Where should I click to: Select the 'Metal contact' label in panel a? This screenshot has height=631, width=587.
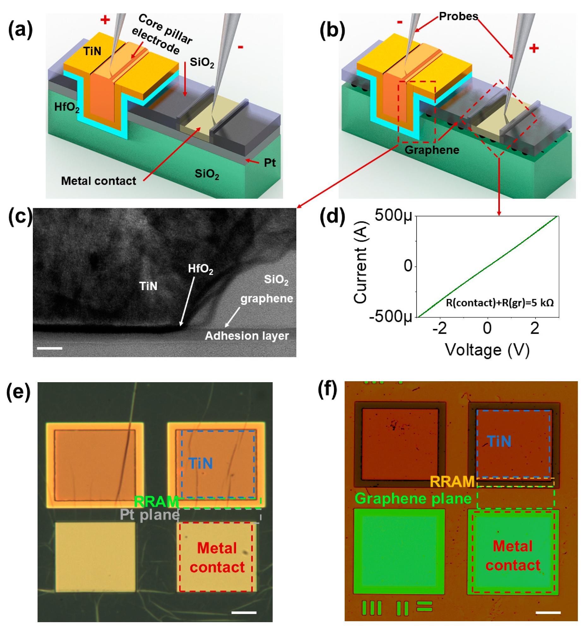[x=98, y=181]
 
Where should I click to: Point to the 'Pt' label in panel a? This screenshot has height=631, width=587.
[x=270, y=163]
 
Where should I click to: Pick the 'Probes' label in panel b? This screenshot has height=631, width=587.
[x=458, y=16]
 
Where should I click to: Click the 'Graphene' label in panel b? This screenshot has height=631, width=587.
[x=432, y=150]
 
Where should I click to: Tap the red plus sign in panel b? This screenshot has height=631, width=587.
[x=534, y=48]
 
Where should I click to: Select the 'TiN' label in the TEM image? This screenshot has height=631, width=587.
[x=148, y=286]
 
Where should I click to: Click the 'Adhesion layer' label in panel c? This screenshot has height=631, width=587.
[x=247, y=336]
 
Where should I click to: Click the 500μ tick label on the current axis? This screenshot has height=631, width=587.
[x=393, y=216]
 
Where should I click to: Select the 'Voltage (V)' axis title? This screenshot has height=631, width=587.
[x=487, y=350]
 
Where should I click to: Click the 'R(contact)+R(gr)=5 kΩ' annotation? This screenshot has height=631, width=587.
[x=500, y=303]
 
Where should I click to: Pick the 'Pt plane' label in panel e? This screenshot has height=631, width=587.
[x=150, y=515]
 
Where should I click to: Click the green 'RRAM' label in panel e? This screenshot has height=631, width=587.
[x=156, y=502]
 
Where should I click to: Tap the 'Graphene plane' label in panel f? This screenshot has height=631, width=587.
[x=413, y=499]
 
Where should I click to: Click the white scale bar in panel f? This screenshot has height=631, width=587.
[x=548, y=613]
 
